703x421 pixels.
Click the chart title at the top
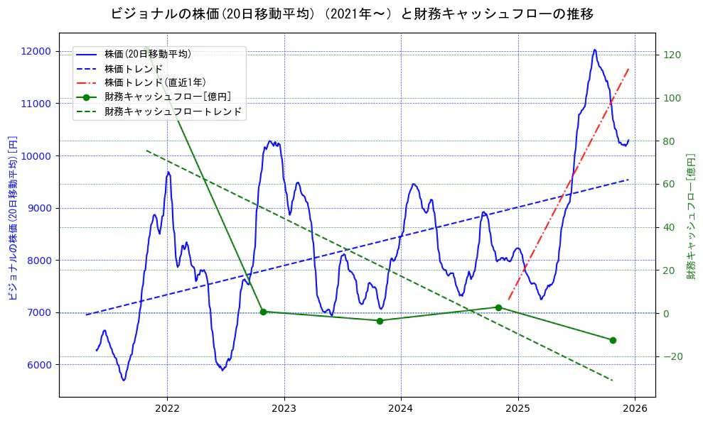(352, 13)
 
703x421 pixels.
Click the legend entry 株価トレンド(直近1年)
(155, 82)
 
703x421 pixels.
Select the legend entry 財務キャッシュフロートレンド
(173, 111)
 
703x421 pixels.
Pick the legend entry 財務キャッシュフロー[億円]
(167, 97)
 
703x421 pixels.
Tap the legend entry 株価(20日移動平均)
(147, 53)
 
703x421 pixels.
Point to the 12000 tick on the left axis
(36, 51)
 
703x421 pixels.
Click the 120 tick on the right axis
(672, 55)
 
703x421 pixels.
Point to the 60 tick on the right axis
(670, 184)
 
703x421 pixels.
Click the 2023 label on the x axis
(284, 410)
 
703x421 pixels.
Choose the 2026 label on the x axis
(635, 410)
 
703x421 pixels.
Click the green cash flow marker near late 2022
(263, 312)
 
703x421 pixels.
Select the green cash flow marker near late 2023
(380, 321)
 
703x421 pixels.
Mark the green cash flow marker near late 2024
(498, 307)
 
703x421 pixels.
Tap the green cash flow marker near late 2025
(613, 340)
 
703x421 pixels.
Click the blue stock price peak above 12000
(595, 50)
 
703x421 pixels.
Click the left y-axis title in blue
(13, 217)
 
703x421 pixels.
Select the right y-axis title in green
(691, 216)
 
